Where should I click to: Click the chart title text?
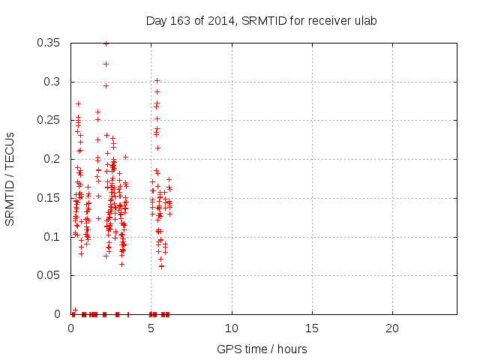(260, 20)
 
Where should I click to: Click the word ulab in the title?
(364, 20)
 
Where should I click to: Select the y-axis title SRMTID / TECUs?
(10, 178)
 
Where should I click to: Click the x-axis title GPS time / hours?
(262, 349)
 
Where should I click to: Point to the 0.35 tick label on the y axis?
(50, 43)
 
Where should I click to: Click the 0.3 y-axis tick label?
(53, 82)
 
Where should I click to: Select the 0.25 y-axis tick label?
(50, 121)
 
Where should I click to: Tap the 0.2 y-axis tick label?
(53, 159)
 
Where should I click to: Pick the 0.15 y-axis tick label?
(50, 198)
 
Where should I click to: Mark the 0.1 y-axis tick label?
(53, 237)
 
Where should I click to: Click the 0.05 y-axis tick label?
(50, 275)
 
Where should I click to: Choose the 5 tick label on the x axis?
(151, 328)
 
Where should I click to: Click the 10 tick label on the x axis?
(232, 328)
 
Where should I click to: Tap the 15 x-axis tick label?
(312, 328)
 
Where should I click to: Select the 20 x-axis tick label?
(392, 328)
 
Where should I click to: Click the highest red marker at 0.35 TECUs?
(106, 43)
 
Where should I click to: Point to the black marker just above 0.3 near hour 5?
(157, 80)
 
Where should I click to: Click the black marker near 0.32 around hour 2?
(106, 64)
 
